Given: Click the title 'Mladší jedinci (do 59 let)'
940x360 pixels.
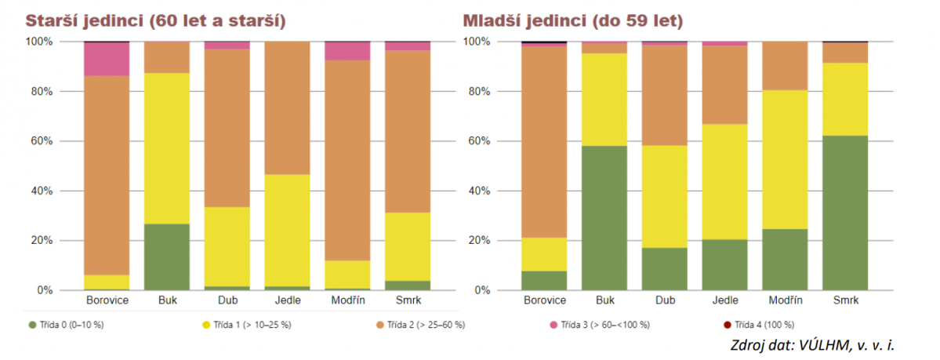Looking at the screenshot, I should [572, 20].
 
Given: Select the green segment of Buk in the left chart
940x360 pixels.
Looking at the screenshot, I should [167, 256].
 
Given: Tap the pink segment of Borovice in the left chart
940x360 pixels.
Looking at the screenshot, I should [107, 59].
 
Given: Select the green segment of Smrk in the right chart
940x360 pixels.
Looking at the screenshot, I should [844, 213].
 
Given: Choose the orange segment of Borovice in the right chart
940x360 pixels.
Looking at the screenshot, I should [545, 141].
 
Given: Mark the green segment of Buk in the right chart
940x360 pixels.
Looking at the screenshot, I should [604, 218].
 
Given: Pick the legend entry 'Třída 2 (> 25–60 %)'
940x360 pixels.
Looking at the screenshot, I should [424, 325].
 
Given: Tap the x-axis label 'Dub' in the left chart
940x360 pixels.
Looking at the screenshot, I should [227, 300].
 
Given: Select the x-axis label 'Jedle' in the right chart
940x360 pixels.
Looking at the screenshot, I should [724, 300].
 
